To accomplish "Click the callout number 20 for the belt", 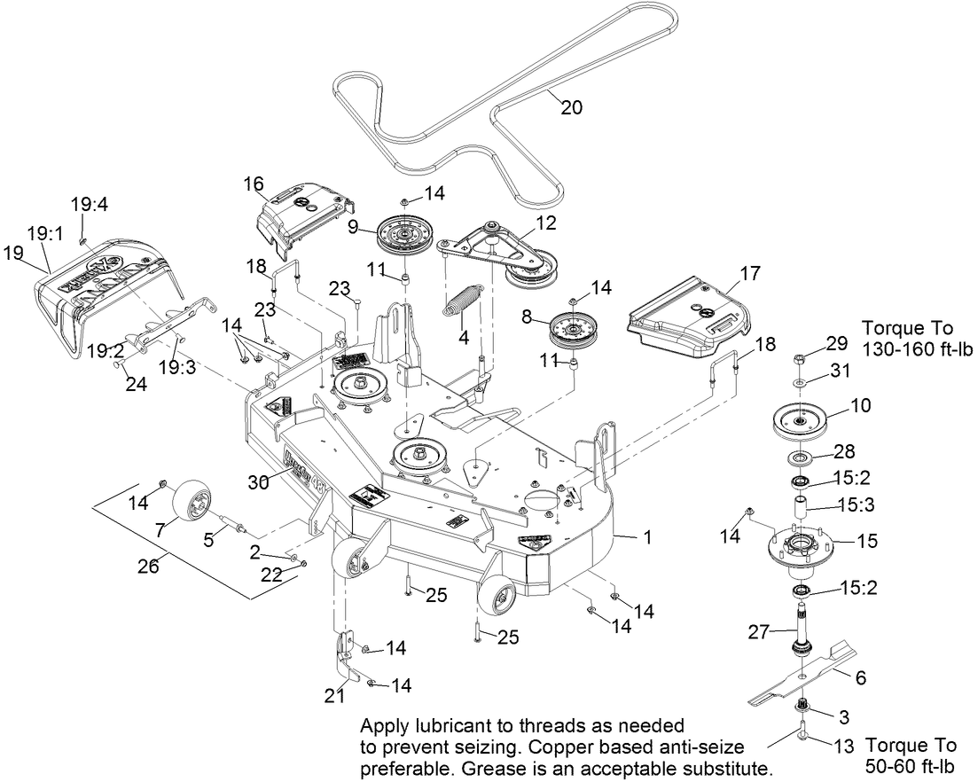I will coord(572,107).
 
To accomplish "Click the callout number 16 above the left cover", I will coord(254,183).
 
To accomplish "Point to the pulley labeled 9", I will coord(404,234).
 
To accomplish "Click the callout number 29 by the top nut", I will coord(837,342).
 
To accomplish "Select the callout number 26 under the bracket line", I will coord(147,565).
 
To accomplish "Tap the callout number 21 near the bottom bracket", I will coord(333,696).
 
